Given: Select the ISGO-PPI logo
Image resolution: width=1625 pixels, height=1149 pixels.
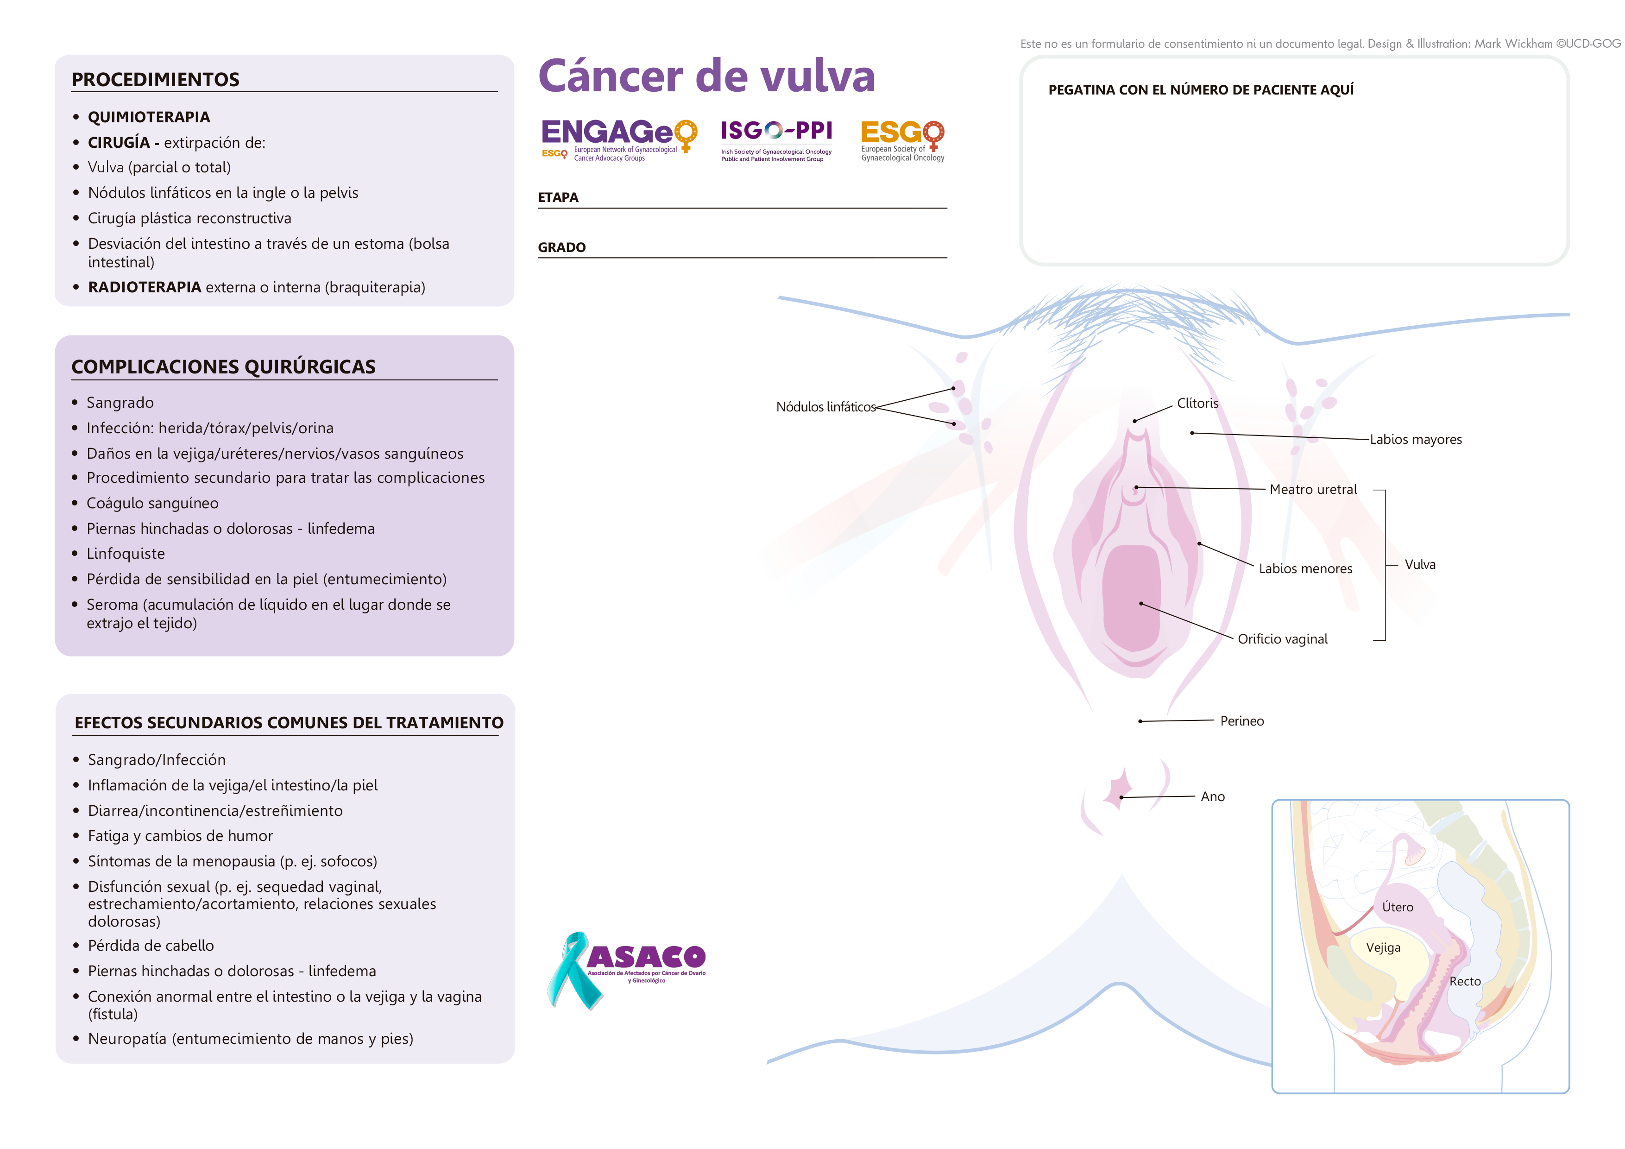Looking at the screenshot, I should [x=776, y=139].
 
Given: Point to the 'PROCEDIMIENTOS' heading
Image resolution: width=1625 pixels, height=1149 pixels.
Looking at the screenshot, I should [x=156, y=79].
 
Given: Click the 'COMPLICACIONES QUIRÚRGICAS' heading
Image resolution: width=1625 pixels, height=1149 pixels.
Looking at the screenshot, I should [x=224, y=367].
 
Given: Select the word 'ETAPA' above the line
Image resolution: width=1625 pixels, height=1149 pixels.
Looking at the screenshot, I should [x=558, y=197].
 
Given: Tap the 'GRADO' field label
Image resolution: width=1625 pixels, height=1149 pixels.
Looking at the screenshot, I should [x=561, y=247].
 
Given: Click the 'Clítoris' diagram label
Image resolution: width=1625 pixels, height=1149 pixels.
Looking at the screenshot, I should [x=1197, y=403].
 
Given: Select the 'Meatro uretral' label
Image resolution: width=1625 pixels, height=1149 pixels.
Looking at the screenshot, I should [x=1313, y=489].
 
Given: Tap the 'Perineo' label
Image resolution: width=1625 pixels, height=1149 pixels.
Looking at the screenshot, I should [x=1241, y=721].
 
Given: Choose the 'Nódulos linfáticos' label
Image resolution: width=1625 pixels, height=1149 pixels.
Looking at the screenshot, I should [x=825, y=407].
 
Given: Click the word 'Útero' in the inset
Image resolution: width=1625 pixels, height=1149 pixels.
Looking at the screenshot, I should [x=1397, y=907].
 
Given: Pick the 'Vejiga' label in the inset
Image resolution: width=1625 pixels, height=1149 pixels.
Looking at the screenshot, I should [x=1383, y=947].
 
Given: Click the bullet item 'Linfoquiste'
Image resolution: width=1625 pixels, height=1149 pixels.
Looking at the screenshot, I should [x=125, y=554].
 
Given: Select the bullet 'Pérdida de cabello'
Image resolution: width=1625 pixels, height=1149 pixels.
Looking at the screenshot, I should [x=151, y=946].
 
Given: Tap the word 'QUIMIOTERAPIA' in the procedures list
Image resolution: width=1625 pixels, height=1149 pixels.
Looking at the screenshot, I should [x=149, y=117].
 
